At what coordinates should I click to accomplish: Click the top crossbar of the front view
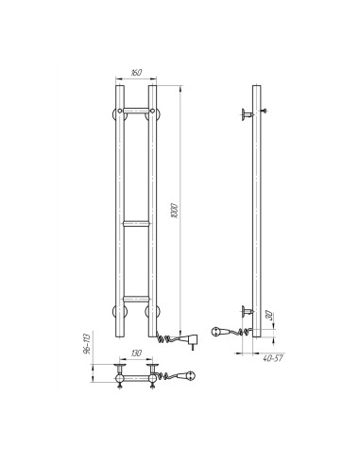(x=136, y=112)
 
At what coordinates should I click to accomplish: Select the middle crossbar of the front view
(x=136, y=224)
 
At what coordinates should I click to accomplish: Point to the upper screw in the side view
(x=266, y=112)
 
